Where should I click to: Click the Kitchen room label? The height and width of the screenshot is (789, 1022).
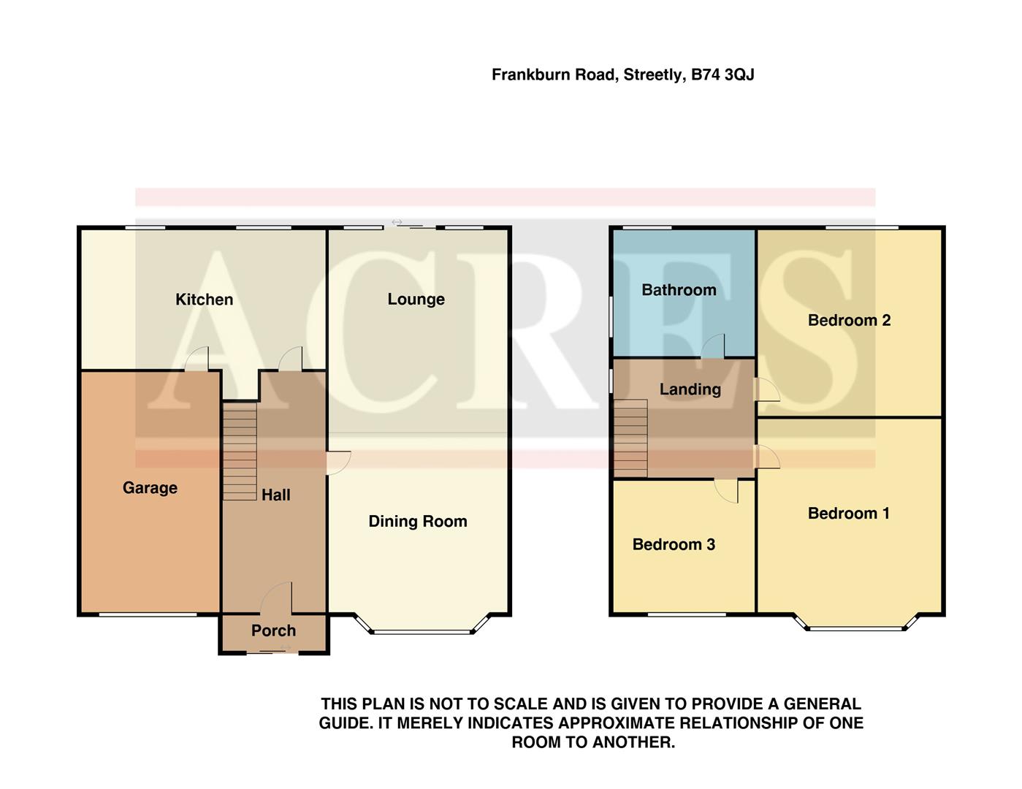pos(204,300)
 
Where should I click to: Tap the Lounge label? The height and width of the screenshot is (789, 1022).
pos(416,300)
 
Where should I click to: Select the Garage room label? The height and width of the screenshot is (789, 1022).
pos(150,488)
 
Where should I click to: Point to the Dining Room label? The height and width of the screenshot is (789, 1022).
pos(417,522)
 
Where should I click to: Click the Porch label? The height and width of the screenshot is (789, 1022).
pos(273,630)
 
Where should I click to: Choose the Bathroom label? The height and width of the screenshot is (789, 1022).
pos(679,290)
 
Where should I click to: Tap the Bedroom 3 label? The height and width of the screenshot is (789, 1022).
pos(674,544)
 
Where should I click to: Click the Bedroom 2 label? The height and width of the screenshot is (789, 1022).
pos(849,320)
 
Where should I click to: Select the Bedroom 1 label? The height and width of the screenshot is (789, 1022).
pos(848,514)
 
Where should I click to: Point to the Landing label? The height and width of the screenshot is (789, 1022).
pos(690,389)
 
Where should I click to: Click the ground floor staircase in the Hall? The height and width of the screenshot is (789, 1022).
pos(240,453)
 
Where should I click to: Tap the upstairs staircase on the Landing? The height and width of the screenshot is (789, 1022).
pos(630,438)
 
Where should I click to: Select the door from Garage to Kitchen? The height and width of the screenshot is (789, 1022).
pos(197,359)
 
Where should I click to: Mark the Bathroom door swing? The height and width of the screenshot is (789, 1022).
pos(713,346)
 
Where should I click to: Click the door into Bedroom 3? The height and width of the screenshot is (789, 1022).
pos(726,491)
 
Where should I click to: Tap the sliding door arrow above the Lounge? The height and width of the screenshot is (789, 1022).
pos(397,222)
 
